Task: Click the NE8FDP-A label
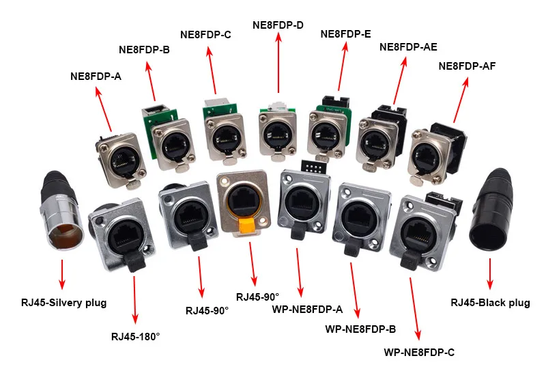pos(96,77)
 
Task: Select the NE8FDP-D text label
pos(278,25)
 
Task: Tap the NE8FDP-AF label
pos(467,66)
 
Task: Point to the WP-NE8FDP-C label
pos(419,353)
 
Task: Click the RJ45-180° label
pos(135,337)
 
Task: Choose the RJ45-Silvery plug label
pos(63,303)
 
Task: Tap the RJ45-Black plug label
pos(490,303)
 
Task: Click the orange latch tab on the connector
pos(248,224)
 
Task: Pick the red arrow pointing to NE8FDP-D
pos(278,63)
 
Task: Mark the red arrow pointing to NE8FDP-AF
pos(460,100)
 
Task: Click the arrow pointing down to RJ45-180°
pos(134,300)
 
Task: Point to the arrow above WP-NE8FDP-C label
pos(415,309)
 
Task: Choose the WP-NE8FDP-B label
pos(360,329)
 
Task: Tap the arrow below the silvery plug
pos(62,274)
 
